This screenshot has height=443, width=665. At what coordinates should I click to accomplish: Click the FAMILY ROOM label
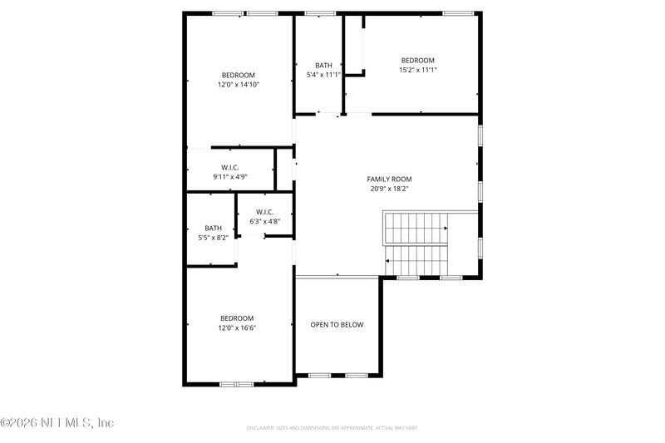389,179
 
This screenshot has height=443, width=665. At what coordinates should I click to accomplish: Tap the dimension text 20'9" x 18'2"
389,189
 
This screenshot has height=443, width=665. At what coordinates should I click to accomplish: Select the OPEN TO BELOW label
337,325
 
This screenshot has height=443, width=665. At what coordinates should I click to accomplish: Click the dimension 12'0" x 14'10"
239,85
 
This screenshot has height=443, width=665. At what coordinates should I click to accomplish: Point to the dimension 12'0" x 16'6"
237,327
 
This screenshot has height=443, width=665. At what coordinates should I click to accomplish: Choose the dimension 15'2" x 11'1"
417,70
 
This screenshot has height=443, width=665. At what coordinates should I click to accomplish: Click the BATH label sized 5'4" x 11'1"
323,65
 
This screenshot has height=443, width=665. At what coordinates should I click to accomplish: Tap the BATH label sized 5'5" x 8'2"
214,228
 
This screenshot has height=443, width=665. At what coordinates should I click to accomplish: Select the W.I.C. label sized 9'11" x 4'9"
230,167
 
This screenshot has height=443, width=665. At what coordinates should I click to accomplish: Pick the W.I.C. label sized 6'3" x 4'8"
265,212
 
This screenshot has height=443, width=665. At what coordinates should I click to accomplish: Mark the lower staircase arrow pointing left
389,261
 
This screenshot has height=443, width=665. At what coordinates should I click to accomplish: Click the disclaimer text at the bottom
332,428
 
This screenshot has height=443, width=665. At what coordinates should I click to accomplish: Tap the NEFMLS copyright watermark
57,422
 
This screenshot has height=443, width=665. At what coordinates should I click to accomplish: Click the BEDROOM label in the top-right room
417,60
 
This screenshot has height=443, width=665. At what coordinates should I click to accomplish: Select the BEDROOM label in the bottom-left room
237,318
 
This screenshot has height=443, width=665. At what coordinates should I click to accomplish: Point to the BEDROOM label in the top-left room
239,75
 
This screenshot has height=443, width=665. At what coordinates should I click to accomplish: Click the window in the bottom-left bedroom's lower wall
236,384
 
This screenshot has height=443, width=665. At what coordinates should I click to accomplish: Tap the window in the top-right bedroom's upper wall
457,13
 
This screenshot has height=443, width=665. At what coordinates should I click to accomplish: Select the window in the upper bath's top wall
320,13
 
